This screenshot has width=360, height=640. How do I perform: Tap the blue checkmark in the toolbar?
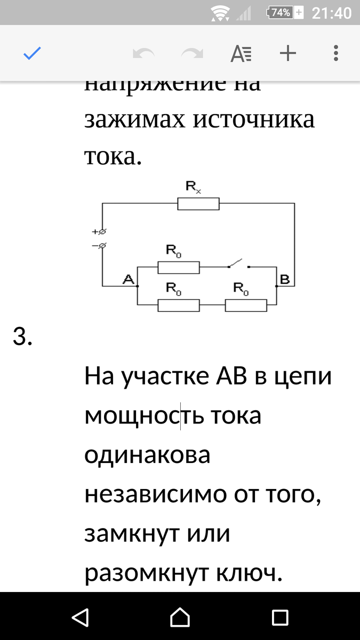point(32,53)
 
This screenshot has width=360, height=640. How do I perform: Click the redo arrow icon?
point(192,53)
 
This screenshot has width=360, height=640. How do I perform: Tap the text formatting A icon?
point(241,53)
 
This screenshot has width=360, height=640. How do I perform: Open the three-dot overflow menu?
point(335,53)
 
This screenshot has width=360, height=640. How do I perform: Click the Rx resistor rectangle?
point(198,203)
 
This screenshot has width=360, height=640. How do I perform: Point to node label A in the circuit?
point(127,278)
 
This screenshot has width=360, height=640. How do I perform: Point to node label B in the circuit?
point(284,278)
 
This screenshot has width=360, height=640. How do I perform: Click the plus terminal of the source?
point(102,231)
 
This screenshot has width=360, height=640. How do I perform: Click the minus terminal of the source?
point(102,245)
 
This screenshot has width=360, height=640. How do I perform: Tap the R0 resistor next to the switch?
point(178,267)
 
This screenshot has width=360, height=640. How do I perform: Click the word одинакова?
point(147,455)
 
